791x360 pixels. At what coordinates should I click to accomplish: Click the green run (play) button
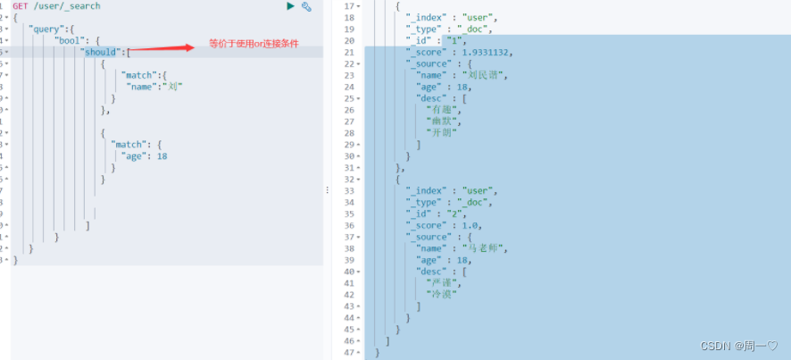pyautogui.click(x=290, y=6)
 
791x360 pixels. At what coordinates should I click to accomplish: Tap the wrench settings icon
pyautogui.click(x=306, y=6)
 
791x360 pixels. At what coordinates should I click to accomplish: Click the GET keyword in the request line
pyautogui.click(x=20, y=6)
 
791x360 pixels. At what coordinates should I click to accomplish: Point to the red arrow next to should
pyautogui.click(x=166, y=48)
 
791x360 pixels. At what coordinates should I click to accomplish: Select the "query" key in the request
pyautogui.click(x=46, y=29)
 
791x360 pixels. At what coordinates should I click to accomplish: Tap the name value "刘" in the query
pyautogui.click(x=175, y=87)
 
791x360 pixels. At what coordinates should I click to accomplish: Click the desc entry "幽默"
pyautogui.click(x=441, y=121)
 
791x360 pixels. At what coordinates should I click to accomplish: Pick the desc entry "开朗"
pyautogui.click(x=441, y=132)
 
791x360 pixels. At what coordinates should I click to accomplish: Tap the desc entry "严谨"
pyautogui.click(x=441, y=282)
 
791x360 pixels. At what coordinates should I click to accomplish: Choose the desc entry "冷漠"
pyautogui.click(x=441, y=294)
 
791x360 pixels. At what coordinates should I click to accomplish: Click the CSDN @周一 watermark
pyautogui.click(x=738, y=346)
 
